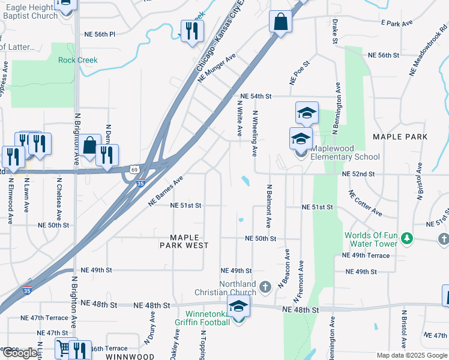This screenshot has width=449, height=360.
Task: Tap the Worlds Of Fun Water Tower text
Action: tap(371, 239)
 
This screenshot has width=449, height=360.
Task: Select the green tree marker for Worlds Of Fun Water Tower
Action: tap(408, 239)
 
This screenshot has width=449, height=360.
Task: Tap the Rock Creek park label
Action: tap(77, 60)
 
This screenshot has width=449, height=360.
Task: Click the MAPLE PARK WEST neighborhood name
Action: tap(184, 241)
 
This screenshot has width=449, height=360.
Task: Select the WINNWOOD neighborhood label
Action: tap(131, 356)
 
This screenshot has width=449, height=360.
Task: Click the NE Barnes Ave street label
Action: tap(165, 191)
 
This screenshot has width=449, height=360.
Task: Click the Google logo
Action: tap(20, 353)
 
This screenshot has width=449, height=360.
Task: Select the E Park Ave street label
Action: tap(397, 23)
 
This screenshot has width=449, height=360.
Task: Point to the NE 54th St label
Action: tap(256, 96)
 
